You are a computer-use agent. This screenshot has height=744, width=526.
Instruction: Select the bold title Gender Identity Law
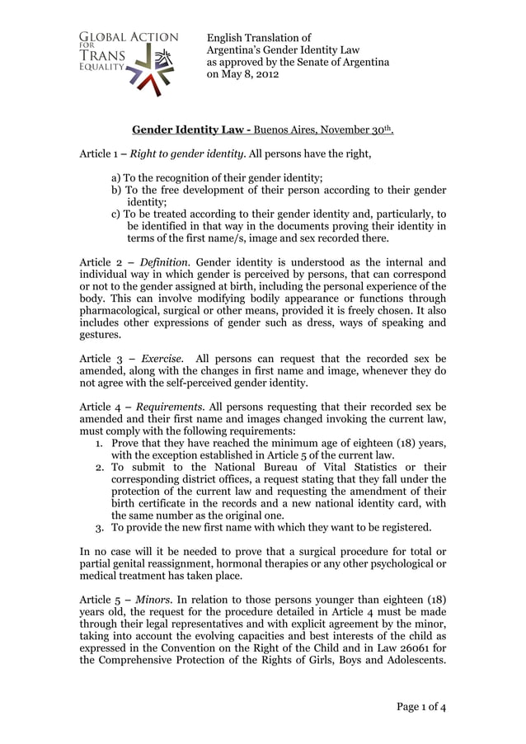pyautogui.click(x=188, y=130)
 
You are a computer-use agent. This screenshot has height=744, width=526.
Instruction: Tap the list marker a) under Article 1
pyautogui.click(x=116, y=177)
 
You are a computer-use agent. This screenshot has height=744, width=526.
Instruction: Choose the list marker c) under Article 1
pyautogui.click(x=116, y=213)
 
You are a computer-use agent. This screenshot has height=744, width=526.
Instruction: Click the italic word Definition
pyautogui.click(x=165, y=262)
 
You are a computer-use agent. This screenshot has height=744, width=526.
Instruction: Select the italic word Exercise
pyautogui.click(x=162, y=359)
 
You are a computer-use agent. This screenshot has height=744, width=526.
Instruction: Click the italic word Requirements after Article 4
pyautogui.click(x=171, y=407)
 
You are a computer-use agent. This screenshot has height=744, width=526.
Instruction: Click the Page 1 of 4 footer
pyautogui.click(x=420, y=707)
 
